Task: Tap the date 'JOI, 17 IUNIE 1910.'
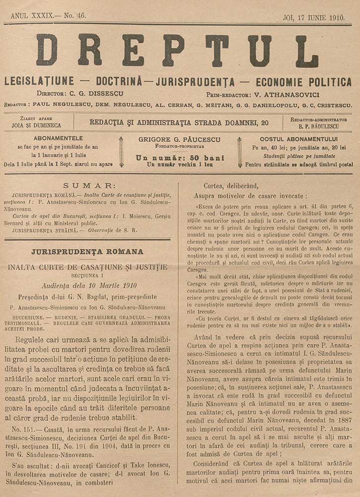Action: [x=313, y=17]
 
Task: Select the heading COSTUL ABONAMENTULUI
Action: [x=298, y=139]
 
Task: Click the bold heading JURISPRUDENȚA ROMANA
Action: [x=87, y=251]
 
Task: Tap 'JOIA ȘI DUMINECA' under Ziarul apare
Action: [x=36, y=125]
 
